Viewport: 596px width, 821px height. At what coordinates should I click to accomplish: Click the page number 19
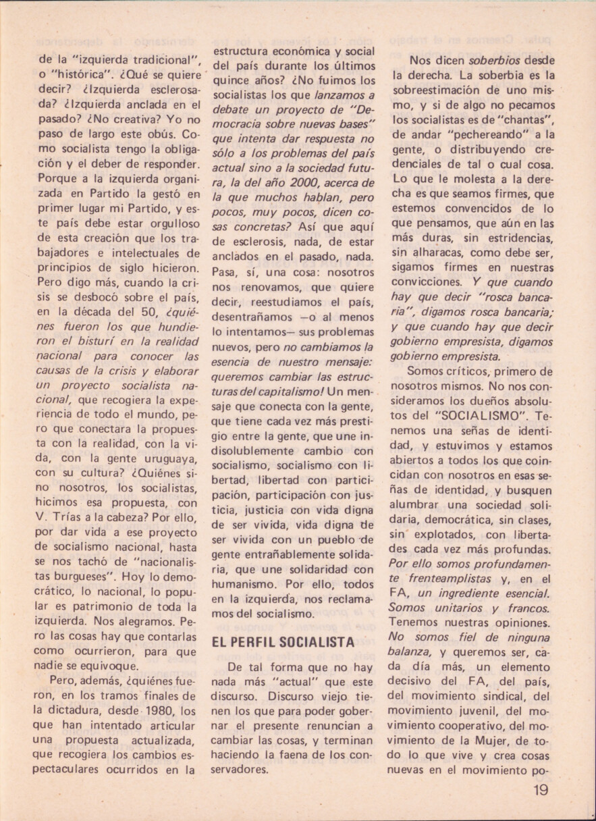pyautogui.click(x=539, y=789)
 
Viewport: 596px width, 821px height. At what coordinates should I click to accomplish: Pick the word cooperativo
pyautogui.click(x=477, y=727)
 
